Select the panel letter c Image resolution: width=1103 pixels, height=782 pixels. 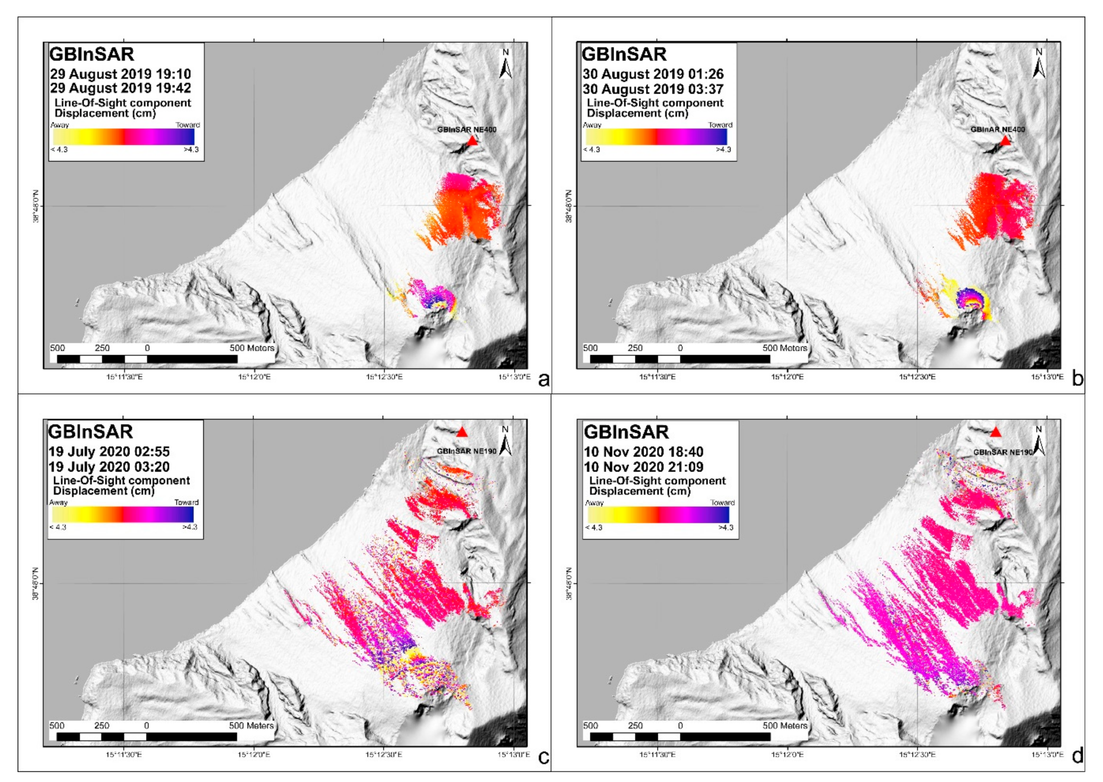coord(543,757)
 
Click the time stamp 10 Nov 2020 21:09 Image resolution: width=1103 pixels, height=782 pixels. coord(643,467)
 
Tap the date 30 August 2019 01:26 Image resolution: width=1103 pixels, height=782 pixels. coord(653,74)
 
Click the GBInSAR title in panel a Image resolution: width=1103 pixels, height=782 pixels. coord(92,54)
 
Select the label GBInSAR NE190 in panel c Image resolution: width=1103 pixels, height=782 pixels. coord(466,452)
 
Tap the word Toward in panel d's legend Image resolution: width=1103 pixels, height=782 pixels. coord(722,503)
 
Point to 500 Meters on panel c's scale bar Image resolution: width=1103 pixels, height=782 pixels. coord(251,726)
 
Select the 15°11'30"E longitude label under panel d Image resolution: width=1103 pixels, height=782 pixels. coord(657,754)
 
